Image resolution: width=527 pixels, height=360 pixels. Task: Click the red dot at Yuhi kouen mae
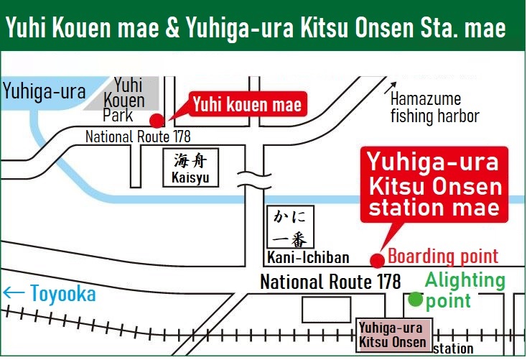coord(156,120)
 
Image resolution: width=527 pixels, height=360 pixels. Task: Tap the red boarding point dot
coord(376,261)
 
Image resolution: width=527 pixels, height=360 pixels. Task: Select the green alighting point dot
coord(415,299)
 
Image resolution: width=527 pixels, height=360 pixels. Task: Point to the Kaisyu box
coord(191,167)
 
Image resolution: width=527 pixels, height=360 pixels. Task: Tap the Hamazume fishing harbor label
coord(434,108)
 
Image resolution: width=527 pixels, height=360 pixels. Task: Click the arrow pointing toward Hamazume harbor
coord(391,87)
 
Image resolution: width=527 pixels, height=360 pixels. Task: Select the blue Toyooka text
coord(62,293)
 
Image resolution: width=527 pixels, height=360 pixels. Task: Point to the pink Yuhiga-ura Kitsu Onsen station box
coord(393,334)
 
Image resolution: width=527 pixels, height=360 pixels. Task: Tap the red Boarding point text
coord(443,256)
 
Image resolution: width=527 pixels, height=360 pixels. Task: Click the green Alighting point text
coord(465,290)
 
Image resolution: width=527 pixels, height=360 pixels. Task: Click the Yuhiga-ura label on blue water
coord(45,92)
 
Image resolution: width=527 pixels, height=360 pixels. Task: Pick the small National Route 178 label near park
coord(138,136)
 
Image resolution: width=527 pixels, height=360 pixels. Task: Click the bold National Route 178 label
coord(330,282)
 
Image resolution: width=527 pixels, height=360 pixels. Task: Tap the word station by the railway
coord(453,349)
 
